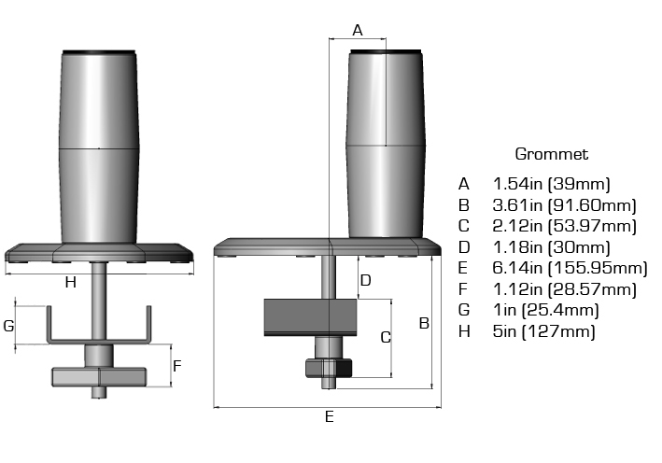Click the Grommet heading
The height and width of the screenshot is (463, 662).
551,154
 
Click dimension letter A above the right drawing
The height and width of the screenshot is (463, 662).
357,30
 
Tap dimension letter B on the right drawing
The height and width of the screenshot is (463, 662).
423,324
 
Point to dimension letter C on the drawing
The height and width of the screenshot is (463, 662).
385,338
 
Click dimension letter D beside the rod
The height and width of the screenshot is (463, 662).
366,279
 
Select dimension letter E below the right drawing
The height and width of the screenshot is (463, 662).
329,417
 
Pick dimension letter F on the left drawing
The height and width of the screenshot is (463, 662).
178,366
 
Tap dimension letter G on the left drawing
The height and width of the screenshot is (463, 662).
8,326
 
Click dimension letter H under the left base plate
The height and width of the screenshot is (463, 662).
70,282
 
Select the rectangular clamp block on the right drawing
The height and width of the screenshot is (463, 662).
312,317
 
